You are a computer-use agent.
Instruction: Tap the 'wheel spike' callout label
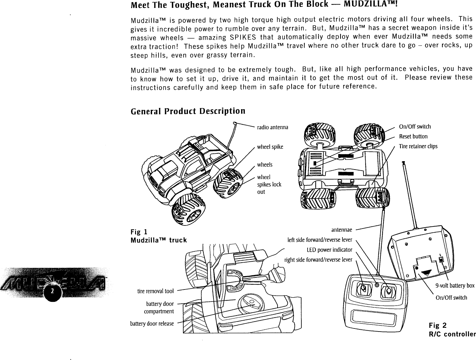click(x=270, y=147)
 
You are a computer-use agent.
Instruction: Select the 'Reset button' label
click(x=413, y=136)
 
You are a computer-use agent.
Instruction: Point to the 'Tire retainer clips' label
click(x=418, y=146)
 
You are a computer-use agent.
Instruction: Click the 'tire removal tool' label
click(x=155, y=291)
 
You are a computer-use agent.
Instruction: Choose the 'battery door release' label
click(x=152, y=324)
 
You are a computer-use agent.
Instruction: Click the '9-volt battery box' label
click(x=455, y=285)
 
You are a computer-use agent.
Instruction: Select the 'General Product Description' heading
click(x=188, y=111)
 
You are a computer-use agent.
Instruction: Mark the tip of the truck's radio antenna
click(x=235, y=123)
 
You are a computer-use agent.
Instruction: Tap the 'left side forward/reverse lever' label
click(x=320, y=240)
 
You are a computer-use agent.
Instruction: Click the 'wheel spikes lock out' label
click(x=269, y=184)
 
